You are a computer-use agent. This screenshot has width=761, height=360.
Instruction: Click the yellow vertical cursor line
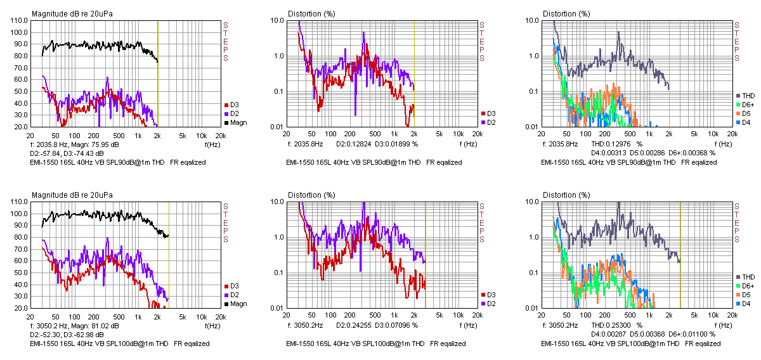click(169, 254)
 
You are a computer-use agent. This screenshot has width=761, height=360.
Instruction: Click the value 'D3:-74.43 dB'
click(82, 153)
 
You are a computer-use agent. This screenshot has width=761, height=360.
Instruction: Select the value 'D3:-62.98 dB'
click(82, 334)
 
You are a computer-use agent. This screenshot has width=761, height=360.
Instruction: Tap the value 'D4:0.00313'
click(593, 153)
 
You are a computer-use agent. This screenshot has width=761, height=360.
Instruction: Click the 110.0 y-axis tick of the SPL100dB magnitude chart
click(18, 202)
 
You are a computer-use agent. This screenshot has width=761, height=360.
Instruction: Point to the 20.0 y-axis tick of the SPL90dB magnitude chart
click(20, 127)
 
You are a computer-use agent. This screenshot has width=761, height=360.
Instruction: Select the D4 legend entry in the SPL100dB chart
click(746, 304)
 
